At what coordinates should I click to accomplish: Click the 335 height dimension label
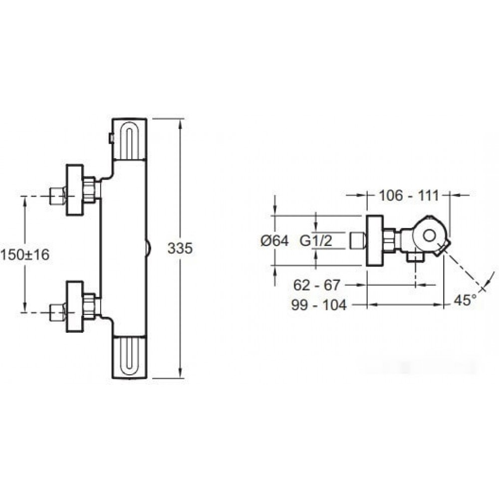tap(180, 248)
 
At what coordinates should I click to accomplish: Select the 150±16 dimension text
tap(25, 254)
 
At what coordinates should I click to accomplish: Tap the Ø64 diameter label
tap(274, 241)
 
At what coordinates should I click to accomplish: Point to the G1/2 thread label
tap(316, 241)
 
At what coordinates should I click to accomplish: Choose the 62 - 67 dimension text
tap(317, 285)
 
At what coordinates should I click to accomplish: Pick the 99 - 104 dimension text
tap(319, 305)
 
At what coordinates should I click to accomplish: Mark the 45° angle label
tap(465, 300)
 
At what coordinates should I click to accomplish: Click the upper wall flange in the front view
tap(75, 190)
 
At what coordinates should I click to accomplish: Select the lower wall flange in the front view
tap(75, 306)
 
